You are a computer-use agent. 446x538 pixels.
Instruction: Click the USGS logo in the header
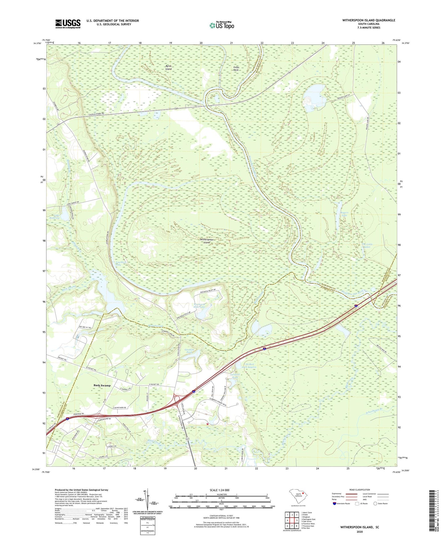(x=68, y=24)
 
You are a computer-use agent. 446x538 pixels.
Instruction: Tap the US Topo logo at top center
(x=222, y=25)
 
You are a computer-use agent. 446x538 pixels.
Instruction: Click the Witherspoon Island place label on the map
(x=206, y=241)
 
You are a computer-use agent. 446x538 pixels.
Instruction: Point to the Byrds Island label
(x=168, y=67)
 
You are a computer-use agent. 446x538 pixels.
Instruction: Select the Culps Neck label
(x=236, y=68)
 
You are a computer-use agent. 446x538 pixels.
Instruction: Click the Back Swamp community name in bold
(x=102, y=385)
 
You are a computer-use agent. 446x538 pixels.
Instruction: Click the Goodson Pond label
(x=189, y=351)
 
